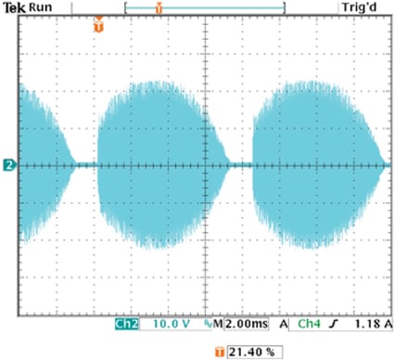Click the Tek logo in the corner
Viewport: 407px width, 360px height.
[x=14, y=7]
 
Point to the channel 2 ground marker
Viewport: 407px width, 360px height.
[x=8, y=165]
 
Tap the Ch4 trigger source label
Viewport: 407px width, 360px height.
[x=311, y=326]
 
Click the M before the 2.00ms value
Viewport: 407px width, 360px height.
[x=219, y=326]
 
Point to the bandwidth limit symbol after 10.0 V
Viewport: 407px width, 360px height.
[x=208, y=326]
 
